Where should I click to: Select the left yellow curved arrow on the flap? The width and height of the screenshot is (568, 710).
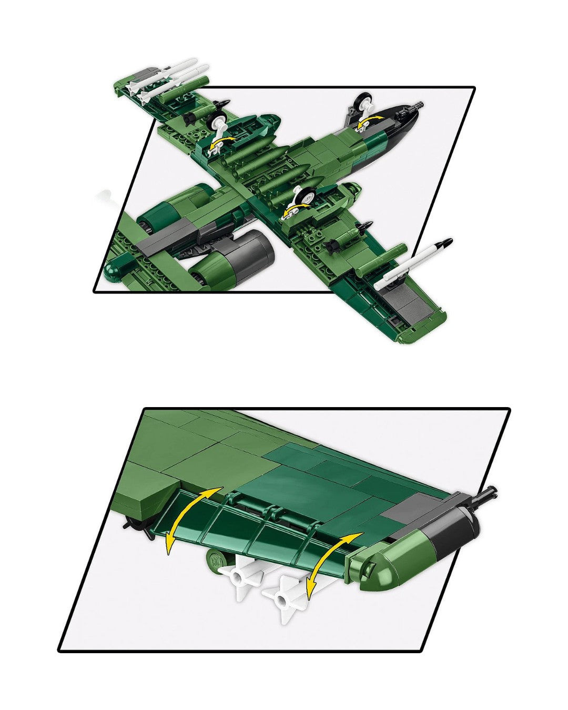pos(187,519)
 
